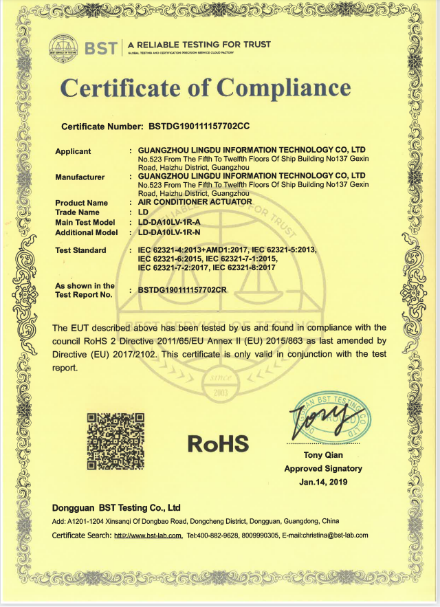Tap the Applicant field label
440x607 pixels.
tap(73, 151)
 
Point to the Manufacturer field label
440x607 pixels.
tap(80, 177)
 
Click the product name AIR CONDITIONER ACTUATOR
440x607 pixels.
tap(195, 202)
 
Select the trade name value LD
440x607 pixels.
tap(143, 212)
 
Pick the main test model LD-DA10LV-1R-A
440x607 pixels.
tap(169, 223)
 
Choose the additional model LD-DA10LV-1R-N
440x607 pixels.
tap(169, 232)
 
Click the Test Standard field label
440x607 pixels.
tap(80, 250)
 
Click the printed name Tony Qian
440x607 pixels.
tap(322, 455)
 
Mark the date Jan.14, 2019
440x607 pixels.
tap(323, 482)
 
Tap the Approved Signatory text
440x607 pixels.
tap(323, 468)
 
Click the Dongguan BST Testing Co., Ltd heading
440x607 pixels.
tap(116, 508)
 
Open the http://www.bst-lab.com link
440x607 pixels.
tap(148, 535)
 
